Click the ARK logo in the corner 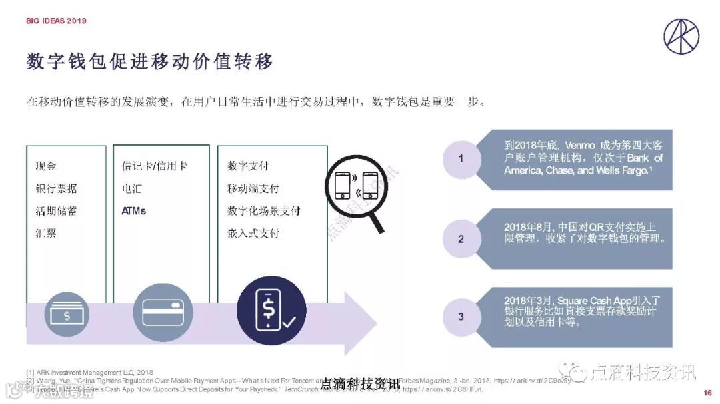coord(681,35)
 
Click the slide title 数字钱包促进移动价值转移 coord(150,62)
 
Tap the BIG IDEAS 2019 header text coord(57,21)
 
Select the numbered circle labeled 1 coord(461,158)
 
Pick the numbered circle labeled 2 coord(461,239)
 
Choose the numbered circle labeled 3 coord(461,317)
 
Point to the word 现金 coord(46,166)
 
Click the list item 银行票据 coord(56,189)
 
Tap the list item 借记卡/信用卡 coord(154,166)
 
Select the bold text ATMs coord(133,211)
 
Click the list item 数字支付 coord(247,166)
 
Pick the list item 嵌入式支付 coord(253,234)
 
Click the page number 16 coord(707,392)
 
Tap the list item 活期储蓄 coord(56,211)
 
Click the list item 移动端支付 coord(253,189)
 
